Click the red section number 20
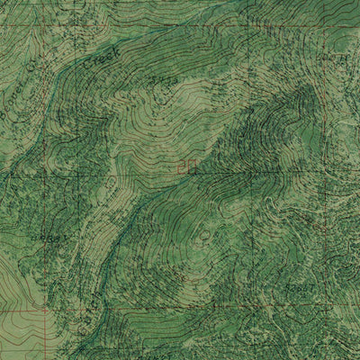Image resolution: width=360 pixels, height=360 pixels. pyautogui.click(x=185, y=166)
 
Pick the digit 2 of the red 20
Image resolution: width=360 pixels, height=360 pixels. pyautogui.click(x=181, y=166)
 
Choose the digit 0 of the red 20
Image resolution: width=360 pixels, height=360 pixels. pyautogui.click(x=190, y=166)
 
